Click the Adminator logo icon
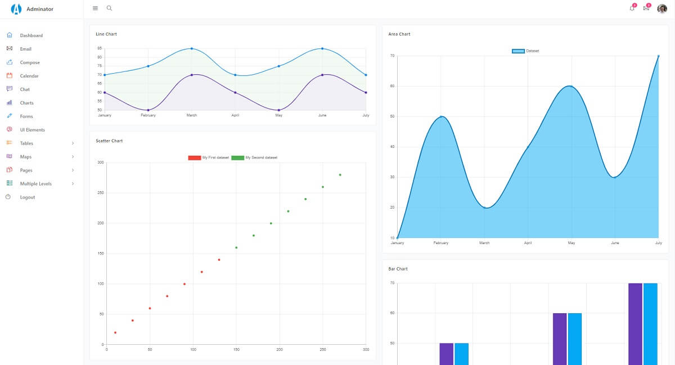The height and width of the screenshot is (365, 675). coord(16,9)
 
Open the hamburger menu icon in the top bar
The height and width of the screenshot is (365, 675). coord(95,8)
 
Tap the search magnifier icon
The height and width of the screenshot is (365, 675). coord(109,8)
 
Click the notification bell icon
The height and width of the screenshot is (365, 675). coord(632,8)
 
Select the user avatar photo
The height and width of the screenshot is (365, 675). coord(662,9)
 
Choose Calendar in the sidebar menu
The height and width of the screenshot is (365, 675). coord(29,76)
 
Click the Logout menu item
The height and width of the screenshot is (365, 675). coord(28,197)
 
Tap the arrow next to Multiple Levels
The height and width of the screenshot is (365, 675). coord(73,183)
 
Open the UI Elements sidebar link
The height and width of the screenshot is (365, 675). coord(32,130)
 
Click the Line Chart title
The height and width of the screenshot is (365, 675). coord(106,34)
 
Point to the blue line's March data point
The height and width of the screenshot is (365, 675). coord(192,48)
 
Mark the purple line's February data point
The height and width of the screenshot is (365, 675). coord(148,110)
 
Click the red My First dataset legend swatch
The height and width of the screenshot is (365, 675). coord(195,157)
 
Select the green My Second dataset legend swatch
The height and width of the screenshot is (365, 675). coord(237,157)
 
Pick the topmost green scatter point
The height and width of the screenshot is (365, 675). coord(340,175)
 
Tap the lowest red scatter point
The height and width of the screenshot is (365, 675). coord(115,332)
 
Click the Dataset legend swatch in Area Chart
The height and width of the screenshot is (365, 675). coord(518,51)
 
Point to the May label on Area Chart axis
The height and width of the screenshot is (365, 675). coord(571,243)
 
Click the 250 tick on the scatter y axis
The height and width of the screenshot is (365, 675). coord(100,192)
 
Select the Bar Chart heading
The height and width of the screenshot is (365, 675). coord(398,269)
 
